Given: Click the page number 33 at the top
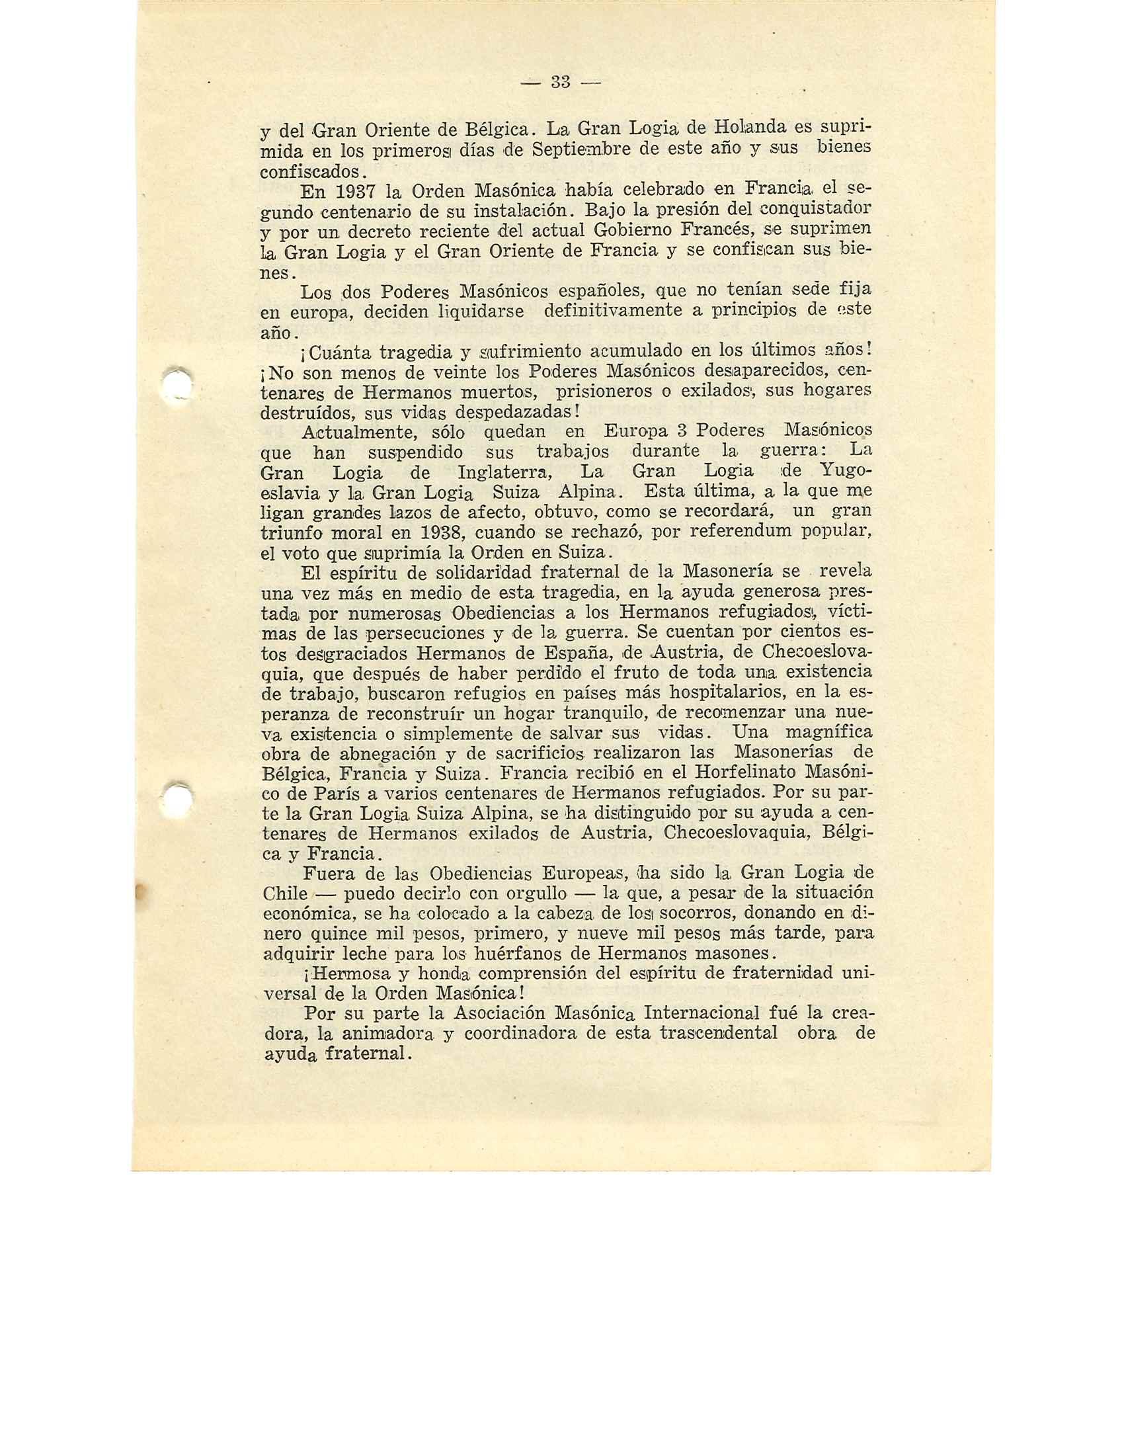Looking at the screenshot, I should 561,83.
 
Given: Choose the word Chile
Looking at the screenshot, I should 285,894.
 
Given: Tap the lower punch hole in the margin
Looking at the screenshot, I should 177,797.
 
